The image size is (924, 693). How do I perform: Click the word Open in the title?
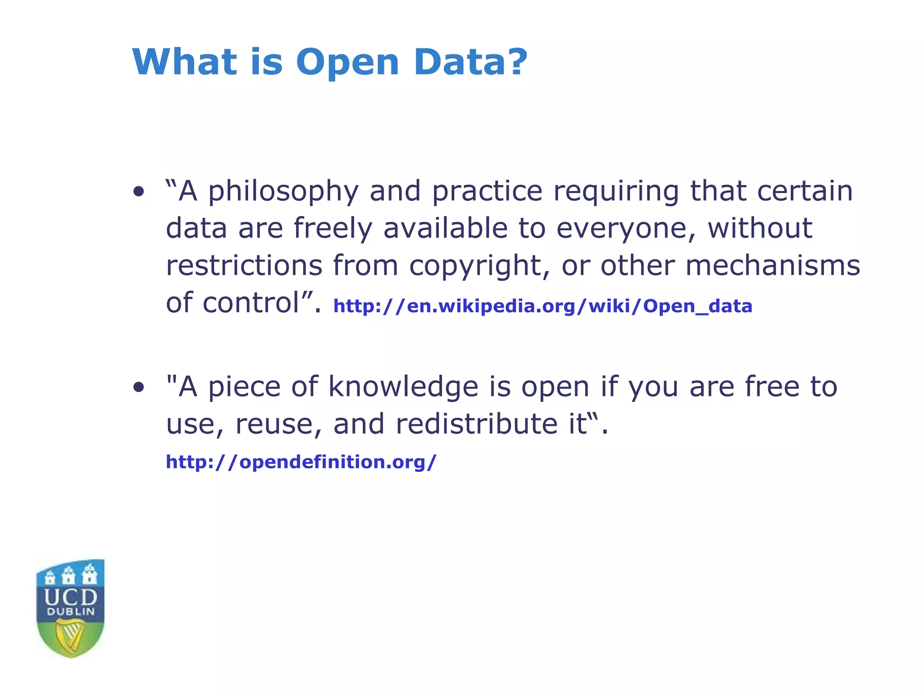coord(347,63)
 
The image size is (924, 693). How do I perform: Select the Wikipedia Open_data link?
coord(542,306)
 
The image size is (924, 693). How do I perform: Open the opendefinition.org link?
coord(301,462)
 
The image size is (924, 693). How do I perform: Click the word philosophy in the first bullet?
coord(283,192)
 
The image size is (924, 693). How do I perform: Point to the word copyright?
coord(479,266)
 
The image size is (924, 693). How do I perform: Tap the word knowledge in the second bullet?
coord(403,387)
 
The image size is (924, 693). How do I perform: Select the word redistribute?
coord(476,424)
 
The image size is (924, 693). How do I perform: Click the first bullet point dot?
coord(139,192)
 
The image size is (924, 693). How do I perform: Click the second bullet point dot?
coord(139,387)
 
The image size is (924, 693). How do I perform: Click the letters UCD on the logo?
coord(71,597)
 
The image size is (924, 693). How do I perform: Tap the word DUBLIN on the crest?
coord(71,612)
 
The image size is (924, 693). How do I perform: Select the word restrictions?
coord(244,265)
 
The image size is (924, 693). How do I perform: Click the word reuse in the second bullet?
coord(273,424)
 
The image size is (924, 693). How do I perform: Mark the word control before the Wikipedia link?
coord(251,302)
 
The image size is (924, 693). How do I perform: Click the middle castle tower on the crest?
coord(69,575)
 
